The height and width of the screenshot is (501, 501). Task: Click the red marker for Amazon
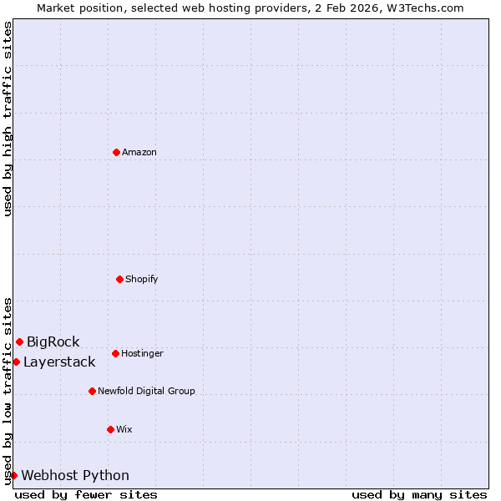coord(116,152)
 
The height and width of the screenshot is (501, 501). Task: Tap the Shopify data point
coord(119,279)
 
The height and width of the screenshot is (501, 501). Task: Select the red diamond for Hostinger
coord(115,353)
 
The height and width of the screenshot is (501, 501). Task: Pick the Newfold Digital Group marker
coord(92,391)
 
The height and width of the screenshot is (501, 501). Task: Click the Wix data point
coord(110,429)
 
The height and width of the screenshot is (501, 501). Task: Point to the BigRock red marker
coord(19,342)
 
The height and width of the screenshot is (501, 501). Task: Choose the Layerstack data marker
coord(16,362)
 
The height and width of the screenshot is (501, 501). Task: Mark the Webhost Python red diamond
coord(13,475)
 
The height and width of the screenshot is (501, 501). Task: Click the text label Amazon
coord(139,152)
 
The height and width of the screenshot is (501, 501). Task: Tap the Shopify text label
coord(142,279)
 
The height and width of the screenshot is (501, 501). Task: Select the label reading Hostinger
coord(142,353)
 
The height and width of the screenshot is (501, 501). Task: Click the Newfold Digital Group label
coord(146,391)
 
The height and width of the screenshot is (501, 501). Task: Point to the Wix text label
coord(124,429)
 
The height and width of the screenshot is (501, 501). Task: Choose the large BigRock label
coord(53,342)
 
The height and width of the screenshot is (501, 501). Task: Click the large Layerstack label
coord(59,362)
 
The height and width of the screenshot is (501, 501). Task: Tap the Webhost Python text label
coord(75,475)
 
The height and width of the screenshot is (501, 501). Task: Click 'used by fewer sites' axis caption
coord(86,494)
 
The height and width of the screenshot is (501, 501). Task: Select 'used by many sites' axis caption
coord(419,494)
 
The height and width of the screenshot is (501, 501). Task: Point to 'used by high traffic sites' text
coord(8,119)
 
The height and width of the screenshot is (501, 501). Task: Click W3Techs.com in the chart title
coord(423,8)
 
